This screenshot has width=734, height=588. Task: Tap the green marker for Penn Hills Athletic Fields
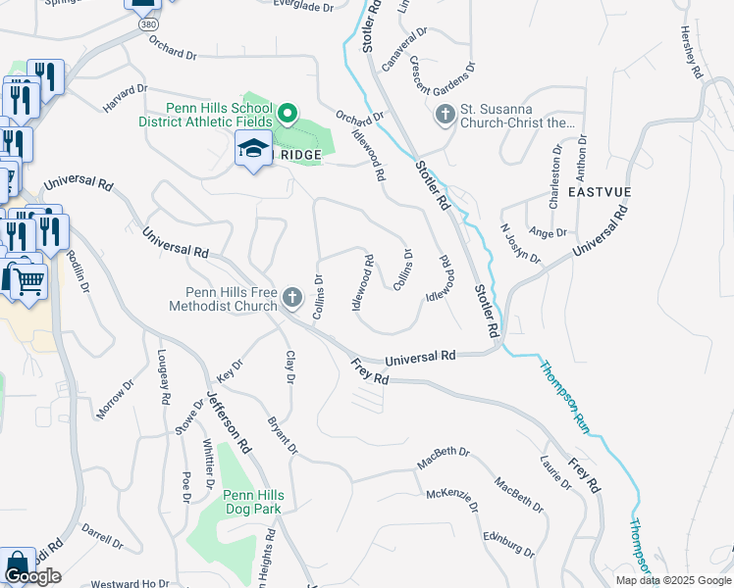(288, 115)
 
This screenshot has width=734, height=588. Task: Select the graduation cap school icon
(253, 150)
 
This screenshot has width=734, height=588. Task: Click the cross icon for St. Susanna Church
(445, 115)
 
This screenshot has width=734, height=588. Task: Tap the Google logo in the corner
(32, 576)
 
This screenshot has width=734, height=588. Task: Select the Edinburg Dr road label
(509, 544)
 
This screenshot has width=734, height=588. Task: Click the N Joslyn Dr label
(520, 243)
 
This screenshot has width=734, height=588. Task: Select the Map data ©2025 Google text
(672, 580)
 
